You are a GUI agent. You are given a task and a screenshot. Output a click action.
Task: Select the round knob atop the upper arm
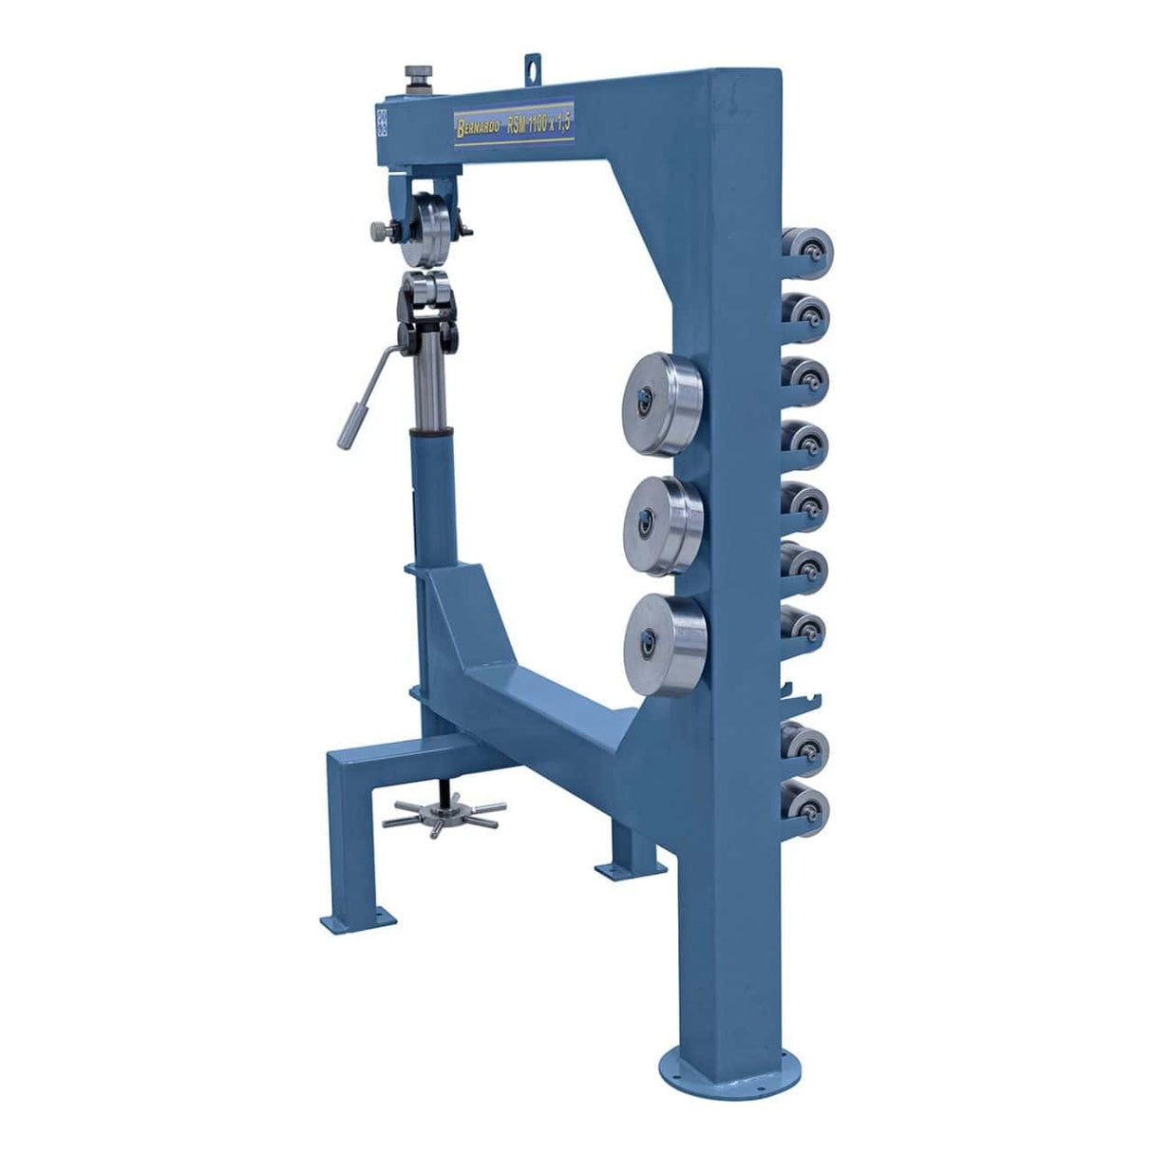click(415, 73)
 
